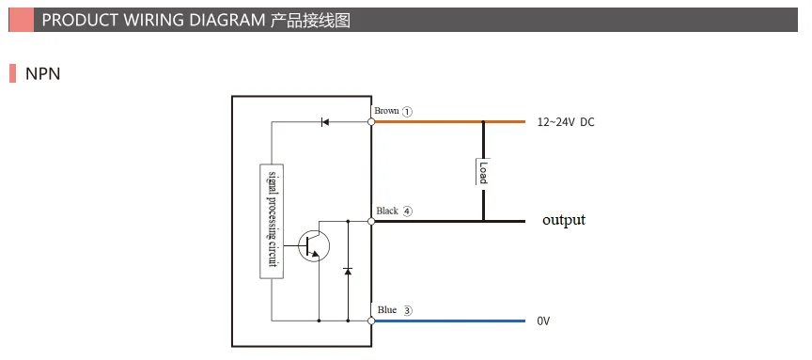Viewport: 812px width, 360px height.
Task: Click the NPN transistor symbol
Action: coord(313,245)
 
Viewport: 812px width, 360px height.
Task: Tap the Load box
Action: coord(483,171)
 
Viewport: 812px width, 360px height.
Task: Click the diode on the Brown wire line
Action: coord(324,122)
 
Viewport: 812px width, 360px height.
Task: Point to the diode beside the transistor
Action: coord(348,271)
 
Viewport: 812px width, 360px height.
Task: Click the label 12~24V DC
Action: coord(566,122)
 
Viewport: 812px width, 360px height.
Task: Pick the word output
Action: coord(563,220)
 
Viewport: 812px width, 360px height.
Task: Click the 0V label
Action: coord(543,321)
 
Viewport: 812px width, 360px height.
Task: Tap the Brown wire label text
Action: coord(386,111)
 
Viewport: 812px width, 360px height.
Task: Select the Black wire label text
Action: coord(387,211)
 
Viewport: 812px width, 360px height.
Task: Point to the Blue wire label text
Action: coord(387,309)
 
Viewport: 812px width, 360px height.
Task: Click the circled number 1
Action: coord(408,111)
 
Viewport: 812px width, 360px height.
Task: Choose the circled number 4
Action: coord(408,211)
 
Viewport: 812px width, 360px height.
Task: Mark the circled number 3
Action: coord(408,310)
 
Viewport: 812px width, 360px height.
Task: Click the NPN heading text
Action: coord(42,73)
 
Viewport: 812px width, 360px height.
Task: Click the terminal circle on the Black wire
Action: coord(371,222)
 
